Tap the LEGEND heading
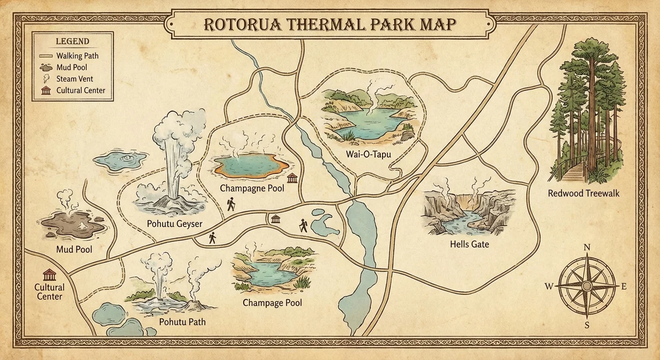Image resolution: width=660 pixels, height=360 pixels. [x=72, y=42]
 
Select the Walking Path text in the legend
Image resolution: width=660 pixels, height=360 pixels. [x=77, y=56]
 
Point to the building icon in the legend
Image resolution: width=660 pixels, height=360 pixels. [x=46, y=90]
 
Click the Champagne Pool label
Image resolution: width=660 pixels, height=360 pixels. [x=252, y=188]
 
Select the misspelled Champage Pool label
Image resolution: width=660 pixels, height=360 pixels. [x=272, y=303]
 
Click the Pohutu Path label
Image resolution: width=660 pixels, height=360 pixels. [x=182, y=322]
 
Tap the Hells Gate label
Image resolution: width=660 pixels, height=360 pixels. [x=469, y=244]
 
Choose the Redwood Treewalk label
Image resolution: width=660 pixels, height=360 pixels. [x=584, y=193]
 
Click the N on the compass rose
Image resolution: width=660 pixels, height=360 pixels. [x=587, y=248]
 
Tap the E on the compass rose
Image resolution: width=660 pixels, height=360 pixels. [x=623, y=287]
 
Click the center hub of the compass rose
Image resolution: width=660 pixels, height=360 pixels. [x=587, y=286]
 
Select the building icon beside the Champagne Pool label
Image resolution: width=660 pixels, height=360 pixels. [x=292, y=178]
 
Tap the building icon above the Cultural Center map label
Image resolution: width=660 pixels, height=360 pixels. [x=49, y=274]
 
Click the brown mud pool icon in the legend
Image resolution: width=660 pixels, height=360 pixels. [x=46, y=67]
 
